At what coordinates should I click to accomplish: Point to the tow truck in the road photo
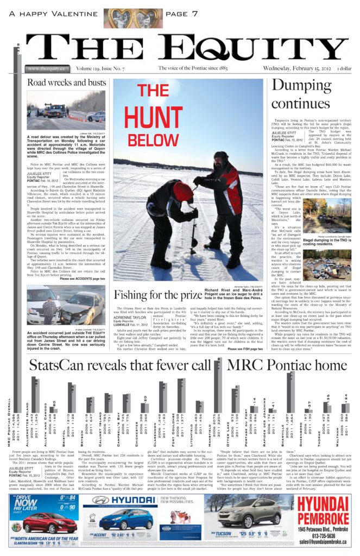[x=56, y=111]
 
